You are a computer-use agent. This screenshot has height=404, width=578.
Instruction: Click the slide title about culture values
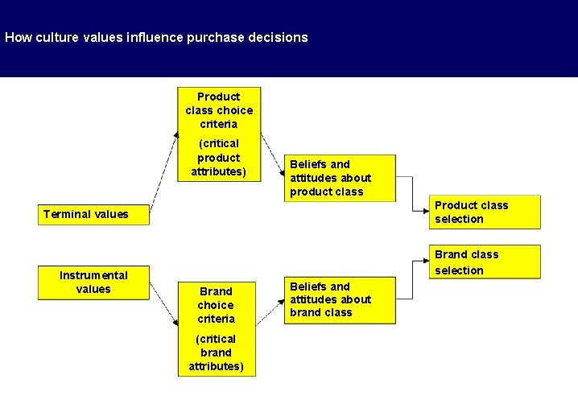pyautogui.click(x=156, y=37)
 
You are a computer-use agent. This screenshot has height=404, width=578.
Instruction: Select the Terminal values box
pyautogui.click(x=94, y=214)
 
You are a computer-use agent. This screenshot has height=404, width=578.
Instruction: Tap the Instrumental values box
pyautogui.click(x=94, y=282)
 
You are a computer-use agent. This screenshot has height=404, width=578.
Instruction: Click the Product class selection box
pyautogui.click(x=485, y=212)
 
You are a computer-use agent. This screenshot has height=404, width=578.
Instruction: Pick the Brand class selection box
pyautogui.click(x=485, y=262)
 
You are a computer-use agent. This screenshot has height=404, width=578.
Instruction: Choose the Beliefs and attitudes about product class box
pyautogui.click(x=342, y=178)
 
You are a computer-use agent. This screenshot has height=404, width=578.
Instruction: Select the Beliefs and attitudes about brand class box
pyautogui.click(x=342, y=299)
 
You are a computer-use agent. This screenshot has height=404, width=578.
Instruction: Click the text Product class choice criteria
pyautogui.click(x=219, y=110)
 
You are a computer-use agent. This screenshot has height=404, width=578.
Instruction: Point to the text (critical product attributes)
pyautogui.click(x=219, y=158)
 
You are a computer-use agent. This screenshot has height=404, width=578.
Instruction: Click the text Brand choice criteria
pyautogui.click(x=216, y=305)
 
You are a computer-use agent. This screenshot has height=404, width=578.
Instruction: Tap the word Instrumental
pyautogui.click(x=93, y=275)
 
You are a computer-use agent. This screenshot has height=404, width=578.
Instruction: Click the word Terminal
pyautogui.click(x=66, y=214)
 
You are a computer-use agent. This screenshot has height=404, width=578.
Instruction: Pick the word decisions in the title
pyautogui.click(x=279, y=37)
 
